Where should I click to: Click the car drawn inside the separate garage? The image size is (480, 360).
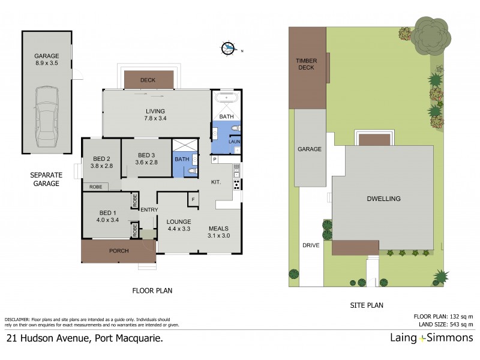coord(47,116)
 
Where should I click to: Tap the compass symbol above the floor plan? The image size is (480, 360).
coord(229,49)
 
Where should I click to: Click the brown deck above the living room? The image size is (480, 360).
coord(148,80)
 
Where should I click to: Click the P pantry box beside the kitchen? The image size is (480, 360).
coord(214,160)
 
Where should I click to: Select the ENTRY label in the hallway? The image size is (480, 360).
coord(148,209)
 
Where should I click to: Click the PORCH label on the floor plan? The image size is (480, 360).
coord(118,251)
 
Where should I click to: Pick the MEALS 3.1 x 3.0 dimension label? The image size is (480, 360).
coord(218,232)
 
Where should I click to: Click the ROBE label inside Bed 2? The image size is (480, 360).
coord(95,187)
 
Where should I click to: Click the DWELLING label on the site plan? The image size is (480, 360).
coord(384,199)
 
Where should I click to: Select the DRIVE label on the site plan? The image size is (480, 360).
coord(311,245)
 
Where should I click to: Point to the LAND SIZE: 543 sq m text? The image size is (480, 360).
coord(443,324)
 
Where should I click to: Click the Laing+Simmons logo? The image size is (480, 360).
coord(431,338)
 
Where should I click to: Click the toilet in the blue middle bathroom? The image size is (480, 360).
coord(191,170)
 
